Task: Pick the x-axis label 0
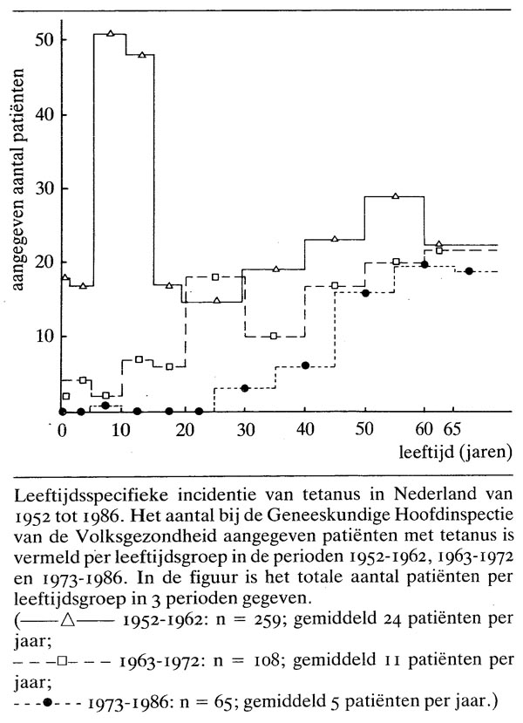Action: pos(62,430)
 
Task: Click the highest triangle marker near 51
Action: pos(111,33)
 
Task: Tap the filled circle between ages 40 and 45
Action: pos(304,365)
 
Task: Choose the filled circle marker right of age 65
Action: pos(469,271)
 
